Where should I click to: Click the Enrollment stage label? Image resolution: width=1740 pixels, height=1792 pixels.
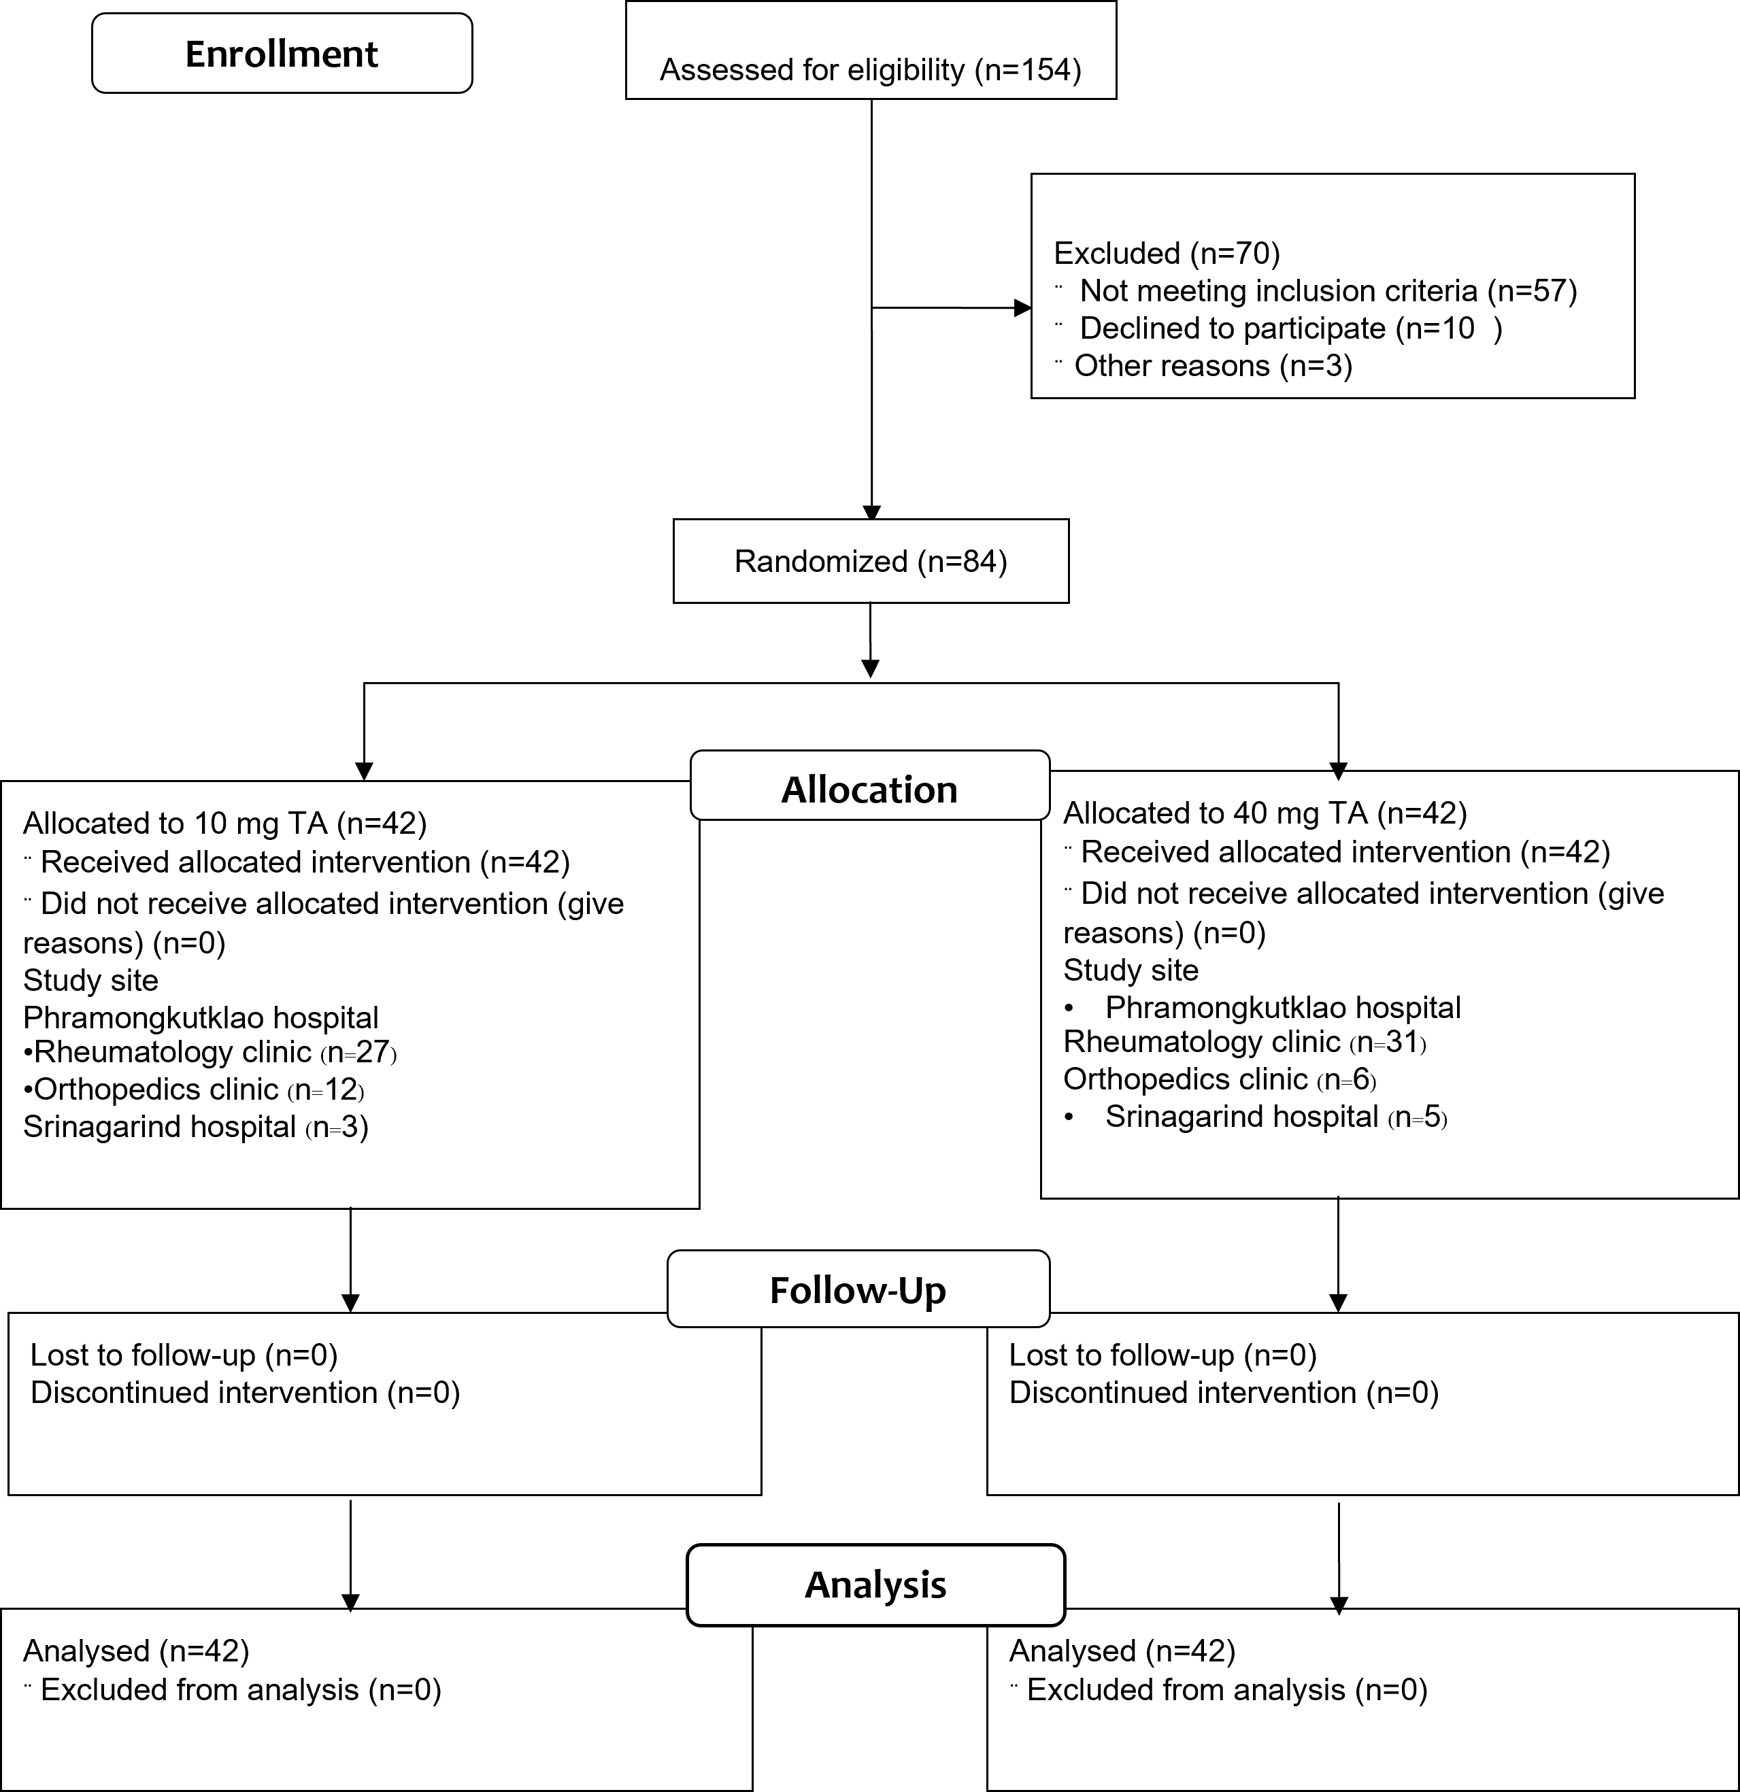point(282,54)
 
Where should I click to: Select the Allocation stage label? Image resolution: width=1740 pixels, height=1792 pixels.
point(869,789)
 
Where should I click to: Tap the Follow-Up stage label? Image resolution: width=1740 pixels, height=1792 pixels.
point(858,1290)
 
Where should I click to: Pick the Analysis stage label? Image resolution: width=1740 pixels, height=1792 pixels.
point(875,1585)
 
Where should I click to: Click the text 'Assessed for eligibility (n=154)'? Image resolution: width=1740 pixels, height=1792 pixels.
point(871,69)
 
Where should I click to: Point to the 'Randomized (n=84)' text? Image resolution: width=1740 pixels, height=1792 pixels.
point(871,560)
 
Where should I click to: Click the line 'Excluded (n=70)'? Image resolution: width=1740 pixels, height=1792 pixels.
point(1167,252)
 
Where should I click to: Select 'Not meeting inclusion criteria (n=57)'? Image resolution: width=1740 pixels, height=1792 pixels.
point(1328,291)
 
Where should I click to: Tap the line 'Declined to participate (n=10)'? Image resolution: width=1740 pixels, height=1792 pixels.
point(1291,328)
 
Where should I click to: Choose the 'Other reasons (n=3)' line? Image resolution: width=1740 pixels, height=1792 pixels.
point(1214,366)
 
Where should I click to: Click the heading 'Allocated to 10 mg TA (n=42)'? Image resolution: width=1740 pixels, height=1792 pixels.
point(225,823)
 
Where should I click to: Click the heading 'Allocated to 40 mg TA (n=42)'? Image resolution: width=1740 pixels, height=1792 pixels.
point(1265,813)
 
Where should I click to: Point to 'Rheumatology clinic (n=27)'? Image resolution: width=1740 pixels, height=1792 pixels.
point(210,1052)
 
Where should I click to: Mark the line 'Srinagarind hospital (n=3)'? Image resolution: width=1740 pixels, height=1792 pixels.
point(196,1128)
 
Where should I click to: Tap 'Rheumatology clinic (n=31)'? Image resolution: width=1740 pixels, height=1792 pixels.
point(1244,1043)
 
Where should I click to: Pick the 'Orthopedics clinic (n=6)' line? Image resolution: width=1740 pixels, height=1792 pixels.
point(1220,1080)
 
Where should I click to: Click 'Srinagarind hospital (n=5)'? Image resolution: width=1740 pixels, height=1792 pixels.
point(1276,1117)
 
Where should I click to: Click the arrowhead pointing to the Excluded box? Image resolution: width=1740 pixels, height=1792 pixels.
point(1023,308)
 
